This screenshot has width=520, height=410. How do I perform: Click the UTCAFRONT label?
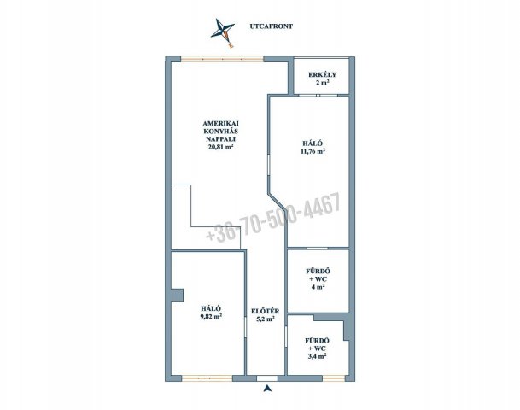271,26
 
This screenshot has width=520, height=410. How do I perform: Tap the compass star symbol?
223,32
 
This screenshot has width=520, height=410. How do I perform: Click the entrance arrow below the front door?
267,388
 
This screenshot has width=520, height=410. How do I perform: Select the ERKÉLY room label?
322,74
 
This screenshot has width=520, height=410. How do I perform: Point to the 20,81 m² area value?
220,148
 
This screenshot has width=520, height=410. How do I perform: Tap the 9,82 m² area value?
211,316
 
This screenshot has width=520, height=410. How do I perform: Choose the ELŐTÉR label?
266,311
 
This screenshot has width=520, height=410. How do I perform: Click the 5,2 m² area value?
266,319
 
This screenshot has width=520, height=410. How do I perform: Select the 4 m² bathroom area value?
318,287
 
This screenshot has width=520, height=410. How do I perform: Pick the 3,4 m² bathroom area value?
317,356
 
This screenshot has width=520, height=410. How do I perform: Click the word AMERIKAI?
220,123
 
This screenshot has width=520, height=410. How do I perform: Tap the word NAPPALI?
220,139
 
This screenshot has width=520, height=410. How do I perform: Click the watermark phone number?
273,216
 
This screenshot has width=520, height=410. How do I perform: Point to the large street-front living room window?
222,59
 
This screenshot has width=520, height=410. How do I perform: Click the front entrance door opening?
267,378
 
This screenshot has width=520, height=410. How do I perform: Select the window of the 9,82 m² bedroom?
207,378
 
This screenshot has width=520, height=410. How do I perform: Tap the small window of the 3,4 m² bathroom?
334,378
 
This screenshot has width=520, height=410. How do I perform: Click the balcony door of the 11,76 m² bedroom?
318,96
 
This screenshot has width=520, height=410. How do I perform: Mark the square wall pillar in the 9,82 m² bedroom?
177,296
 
